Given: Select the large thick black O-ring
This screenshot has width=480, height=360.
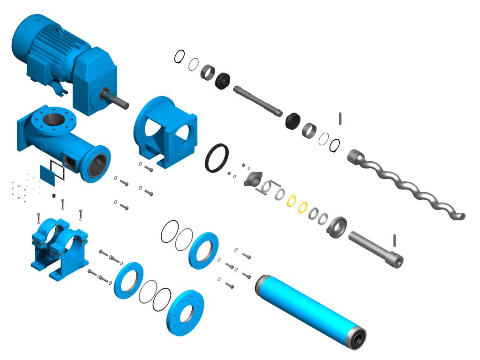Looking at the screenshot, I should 217,158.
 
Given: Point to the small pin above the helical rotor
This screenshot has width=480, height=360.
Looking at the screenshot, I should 340,118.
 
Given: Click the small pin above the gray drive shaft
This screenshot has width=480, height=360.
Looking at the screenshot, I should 396,240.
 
